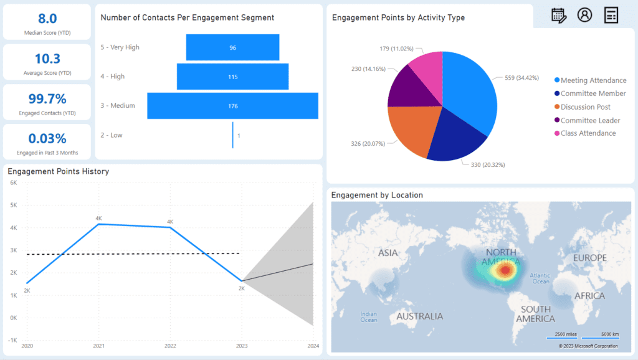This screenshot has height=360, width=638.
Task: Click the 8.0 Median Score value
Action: (47, 19)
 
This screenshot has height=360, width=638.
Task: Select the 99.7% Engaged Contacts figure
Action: (47, 98)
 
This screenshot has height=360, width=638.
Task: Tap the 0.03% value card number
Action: (47, 138)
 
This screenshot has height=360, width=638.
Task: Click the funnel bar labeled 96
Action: (232, 47)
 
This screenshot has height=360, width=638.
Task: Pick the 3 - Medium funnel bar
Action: (232, 106)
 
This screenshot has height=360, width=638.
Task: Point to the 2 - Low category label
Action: (112, 135)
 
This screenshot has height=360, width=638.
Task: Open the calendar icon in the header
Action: (559, 16)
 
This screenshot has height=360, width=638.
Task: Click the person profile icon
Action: (584, 16)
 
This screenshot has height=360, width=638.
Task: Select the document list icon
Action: (611, 16)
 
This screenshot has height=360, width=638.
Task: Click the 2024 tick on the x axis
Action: (313, 346)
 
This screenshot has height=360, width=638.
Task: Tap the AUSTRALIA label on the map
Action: (420, 316)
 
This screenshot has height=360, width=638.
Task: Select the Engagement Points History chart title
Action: (58, 171)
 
